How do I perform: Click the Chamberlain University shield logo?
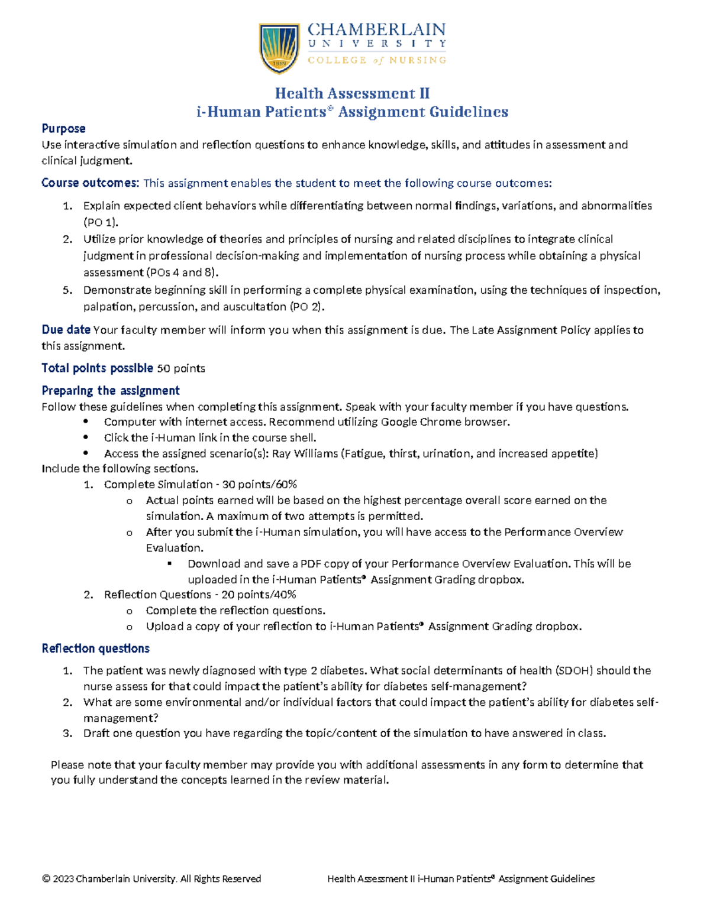click(x=279, y=48)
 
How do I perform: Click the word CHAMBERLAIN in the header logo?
click(x=376, y=30)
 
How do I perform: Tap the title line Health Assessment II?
click(x=352, y=93)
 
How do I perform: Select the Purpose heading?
click(x=63, y=129)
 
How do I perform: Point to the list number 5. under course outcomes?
click(x=67, y=290)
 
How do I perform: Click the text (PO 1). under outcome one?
click(x=101, y=222)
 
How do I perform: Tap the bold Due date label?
click(x=66, y=330)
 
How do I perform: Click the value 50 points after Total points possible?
click(x=180, y=368)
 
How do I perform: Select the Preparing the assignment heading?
click(x=111, y=391)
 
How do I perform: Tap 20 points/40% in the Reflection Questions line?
click(x=258, y=595)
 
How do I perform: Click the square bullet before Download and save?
click(x=170, y=563)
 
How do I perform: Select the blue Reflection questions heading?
click(x=95, y=648)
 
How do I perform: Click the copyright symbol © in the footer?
click(x=46, y=879)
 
